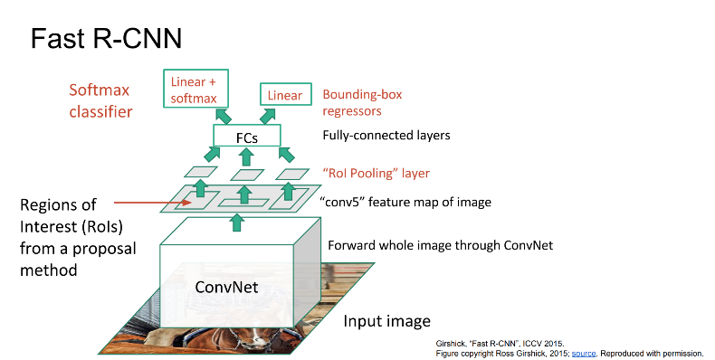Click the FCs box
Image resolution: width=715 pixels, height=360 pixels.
click(247, 137)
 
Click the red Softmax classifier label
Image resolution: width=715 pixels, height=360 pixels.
click(101, 100)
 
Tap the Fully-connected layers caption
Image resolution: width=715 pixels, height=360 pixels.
click(386, 137)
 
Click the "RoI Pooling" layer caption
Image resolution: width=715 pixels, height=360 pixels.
click(376, 173)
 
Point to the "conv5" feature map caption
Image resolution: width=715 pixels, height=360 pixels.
click(407, 202)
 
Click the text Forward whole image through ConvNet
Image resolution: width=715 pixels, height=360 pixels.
click(440, 244)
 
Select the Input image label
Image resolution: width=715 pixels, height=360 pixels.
click(386, 322)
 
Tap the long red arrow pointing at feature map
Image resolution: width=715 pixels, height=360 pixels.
click(154, 204)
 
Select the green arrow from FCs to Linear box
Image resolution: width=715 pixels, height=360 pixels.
click(270, 115)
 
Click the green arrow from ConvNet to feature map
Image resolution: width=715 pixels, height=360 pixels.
click(237, 221)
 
